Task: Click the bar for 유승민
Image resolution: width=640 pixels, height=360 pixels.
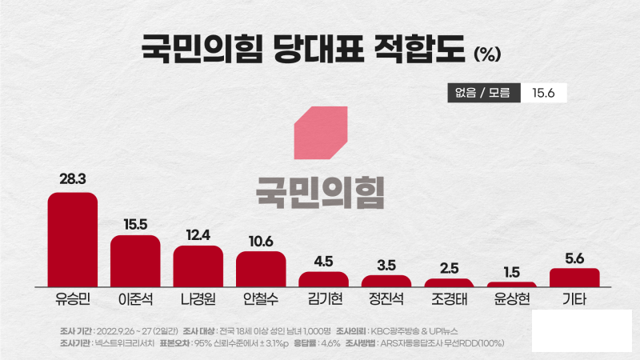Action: click(72, 239)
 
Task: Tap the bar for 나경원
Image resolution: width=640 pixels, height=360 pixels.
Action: click(198, 266)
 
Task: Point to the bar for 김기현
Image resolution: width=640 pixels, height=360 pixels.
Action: click(323, 279)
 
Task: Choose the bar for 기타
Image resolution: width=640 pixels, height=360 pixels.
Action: click(574, 278)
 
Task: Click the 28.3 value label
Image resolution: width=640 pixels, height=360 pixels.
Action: click(72, 179)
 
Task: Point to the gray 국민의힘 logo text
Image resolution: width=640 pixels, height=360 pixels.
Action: click(320, 188)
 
